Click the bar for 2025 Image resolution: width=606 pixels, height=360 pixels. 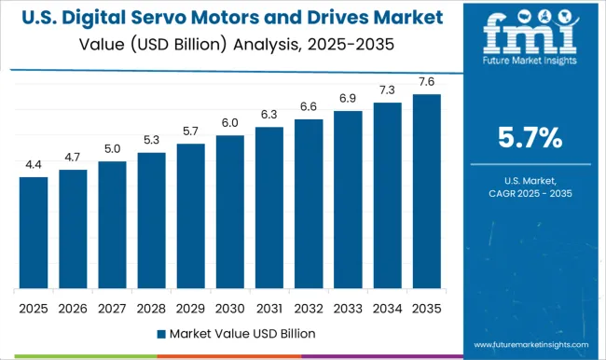click(x=34, y=232)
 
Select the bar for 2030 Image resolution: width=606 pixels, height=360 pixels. click(x=229, y=212)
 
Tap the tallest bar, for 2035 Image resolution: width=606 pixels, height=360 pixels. click(x=425, y=191)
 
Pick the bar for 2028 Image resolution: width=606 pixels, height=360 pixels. click(x=151, y=220)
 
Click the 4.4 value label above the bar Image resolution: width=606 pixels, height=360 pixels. click(x=34, y=165)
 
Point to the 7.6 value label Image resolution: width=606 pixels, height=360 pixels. click(x=425, y=82)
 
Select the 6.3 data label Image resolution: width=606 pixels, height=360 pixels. click(x=269, y=115)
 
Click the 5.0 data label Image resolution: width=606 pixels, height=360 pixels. click(x=112, y=149)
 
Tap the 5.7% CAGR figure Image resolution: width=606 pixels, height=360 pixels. click(x=530, y=139)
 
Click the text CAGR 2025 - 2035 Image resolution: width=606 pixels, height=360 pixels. click(x=530, y=192)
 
